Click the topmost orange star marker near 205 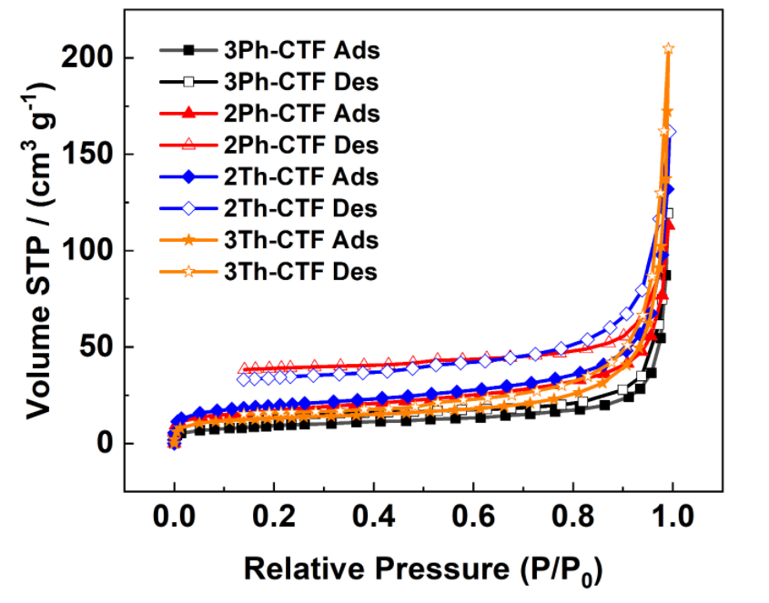click(669, 48)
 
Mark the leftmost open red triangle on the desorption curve click(244, 368)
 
